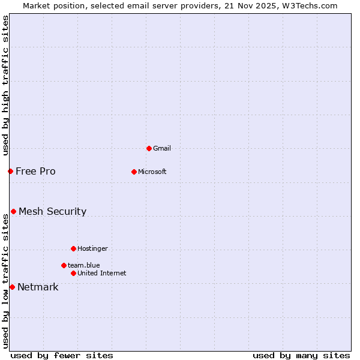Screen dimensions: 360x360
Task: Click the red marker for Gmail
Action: click(149, 148)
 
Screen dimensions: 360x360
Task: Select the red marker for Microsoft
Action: click(134, 172)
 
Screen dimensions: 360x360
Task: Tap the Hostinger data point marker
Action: click(73, 248)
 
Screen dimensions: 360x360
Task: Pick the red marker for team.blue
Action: click(64, 265)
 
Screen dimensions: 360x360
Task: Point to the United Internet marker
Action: click(73, 273)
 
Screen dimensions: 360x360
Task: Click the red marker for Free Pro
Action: click(10, 171)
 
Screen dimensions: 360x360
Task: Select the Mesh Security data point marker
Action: click(13, 211)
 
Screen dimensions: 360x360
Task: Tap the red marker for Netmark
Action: click(12, 287)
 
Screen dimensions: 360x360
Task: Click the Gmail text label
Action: click(162, 148)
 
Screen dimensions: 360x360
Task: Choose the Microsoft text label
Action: click(152, 172)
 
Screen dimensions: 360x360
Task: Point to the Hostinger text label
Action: click(92, 248)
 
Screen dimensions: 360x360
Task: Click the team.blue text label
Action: click(84, 265)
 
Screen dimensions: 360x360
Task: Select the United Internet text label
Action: click(101, 273)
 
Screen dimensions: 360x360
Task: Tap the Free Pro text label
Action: click(35, 171)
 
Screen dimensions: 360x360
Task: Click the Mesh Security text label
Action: click(52, 211)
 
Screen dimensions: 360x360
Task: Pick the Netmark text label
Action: click(38, 287)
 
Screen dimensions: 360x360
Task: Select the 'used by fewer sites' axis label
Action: click(62, 355)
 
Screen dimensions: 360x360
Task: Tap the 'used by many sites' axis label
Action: click(301, 355)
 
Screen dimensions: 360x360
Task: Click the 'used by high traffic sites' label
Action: click(5, 85)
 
